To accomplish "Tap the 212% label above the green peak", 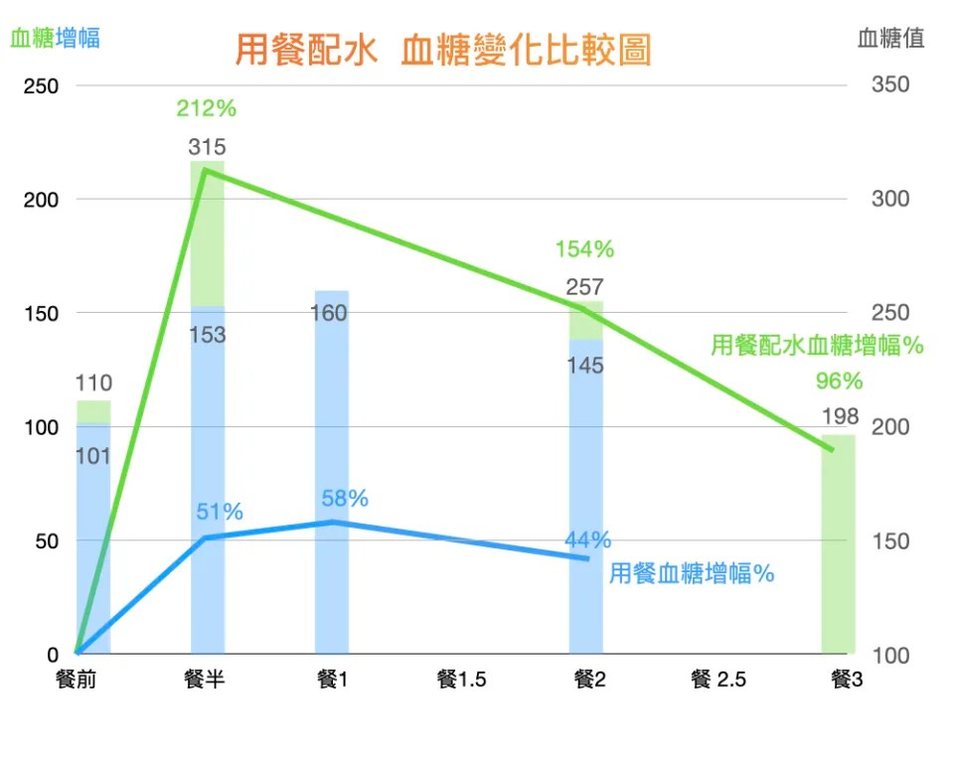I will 206,107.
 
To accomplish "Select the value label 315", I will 207,148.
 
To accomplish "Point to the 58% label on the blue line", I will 345,499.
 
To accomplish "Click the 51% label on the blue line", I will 220,513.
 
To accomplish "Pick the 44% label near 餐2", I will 588,539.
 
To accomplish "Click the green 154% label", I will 585,248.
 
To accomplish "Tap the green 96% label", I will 839,381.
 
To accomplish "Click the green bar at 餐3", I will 839,556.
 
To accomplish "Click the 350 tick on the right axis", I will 890,85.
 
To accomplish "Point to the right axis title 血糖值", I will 890,39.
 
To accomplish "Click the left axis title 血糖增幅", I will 55,39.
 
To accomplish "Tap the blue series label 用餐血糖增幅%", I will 692,573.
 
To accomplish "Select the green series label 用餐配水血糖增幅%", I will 817,346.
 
